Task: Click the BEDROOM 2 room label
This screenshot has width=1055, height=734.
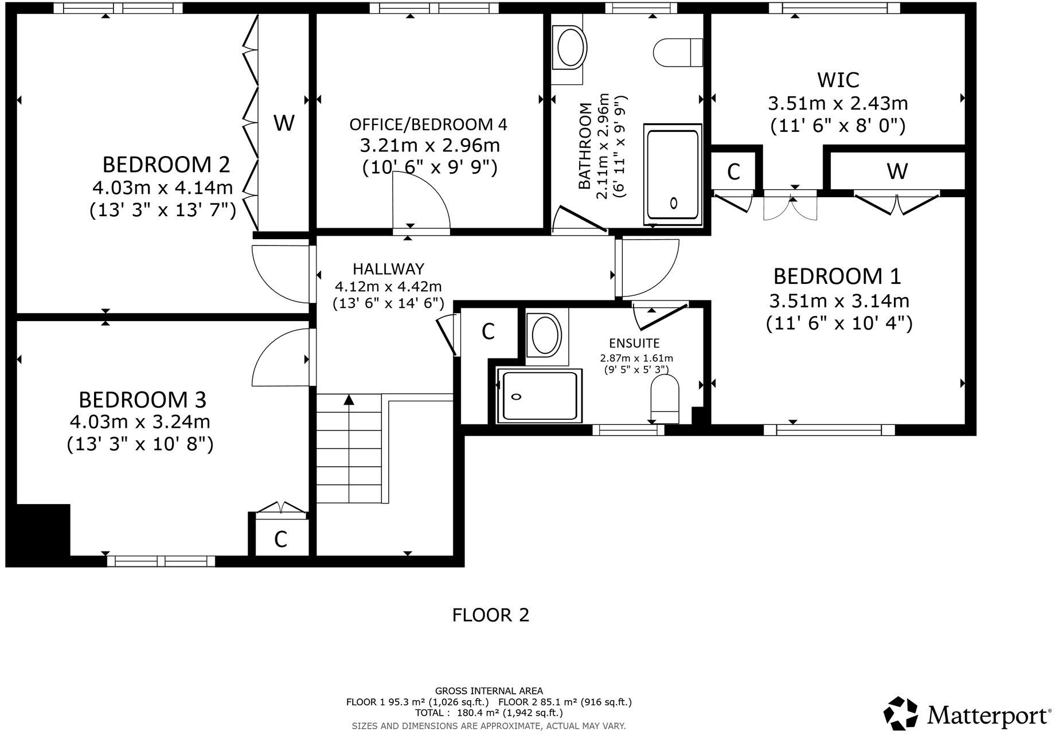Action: point(166,165)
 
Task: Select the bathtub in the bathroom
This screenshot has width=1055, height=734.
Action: point(673,174)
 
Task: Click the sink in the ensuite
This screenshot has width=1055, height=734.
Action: point(546,336)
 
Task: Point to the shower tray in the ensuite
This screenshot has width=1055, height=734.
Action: point(539,396)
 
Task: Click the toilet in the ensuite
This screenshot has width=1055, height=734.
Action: point(665,399)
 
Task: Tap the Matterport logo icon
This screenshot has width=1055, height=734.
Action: point(901,713)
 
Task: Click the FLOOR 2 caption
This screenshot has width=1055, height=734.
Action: point(490,615)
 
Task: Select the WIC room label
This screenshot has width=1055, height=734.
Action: point(838,80)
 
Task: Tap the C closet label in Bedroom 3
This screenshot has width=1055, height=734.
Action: point(280,539)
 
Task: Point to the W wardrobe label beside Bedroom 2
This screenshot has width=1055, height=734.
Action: point(284,122)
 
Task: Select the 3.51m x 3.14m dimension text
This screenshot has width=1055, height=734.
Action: point(839,300)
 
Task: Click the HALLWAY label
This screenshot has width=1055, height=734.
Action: point(388,268)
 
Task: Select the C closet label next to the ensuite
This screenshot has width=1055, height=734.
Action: point(488,331)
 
